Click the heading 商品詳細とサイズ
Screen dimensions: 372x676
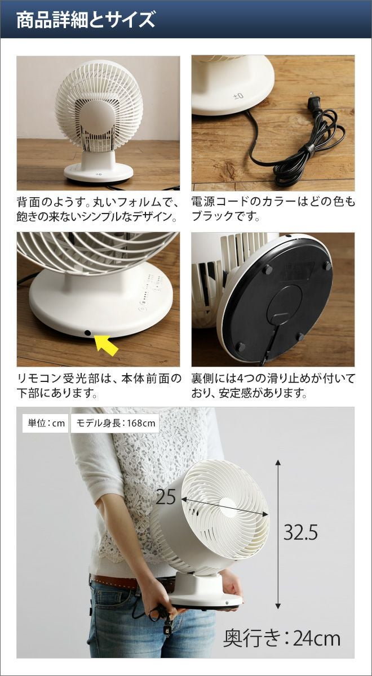click(x=86, y=20)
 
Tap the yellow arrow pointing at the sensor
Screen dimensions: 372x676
click(x=107, y=345)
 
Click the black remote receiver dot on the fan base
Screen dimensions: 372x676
click(x=87, y=333)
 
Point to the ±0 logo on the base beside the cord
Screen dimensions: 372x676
click(x=238, y=96)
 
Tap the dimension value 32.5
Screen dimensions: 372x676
click(x=300, y=533)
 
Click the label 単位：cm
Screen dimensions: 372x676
click(x=46, y=424)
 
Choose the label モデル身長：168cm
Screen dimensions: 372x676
click(x=115, y=424)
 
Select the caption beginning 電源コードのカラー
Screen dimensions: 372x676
click(x=273, y=209)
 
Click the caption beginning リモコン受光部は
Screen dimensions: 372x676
click(x=99, y=386)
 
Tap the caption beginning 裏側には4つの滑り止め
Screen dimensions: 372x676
click(x=273, y=386)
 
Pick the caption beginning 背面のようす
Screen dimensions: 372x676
click(x=98, y=209)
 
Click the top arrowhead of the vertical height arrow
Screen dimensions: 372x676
click(x=278, y=462)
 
